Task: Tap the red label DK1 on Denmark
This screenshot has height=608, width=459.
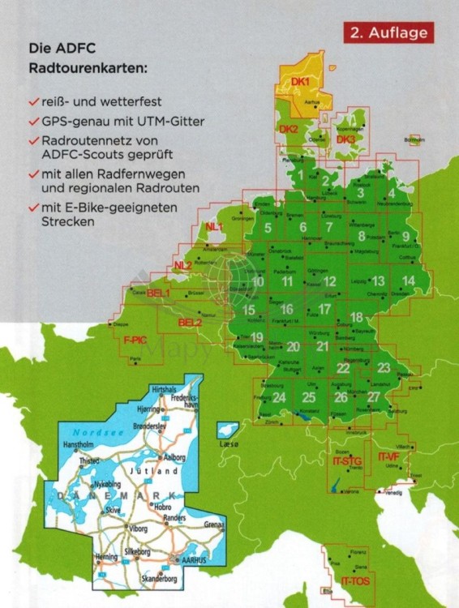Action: point(300,81)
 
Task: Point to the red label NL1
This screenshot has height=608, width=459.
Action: point(216,227)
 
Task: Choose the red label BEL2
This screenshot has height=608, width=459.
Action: point(190,323)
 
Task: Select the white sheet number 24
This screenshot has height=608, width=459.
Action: point(279,396)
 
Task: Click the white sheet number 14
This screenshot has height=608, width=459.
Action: point(410,280)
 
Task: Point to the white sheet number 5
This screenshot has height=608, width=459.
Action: point(268,227)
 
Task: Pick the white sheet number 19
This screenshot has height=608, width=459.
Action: point(257,337)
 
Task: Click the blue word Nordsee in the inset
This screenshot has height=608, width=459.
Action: point(88,434)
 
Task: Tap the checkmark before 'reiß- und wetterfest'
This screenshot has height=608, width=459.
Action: point(32,103)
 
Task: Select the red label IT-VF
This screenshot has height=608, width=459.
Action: point(390,458)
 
